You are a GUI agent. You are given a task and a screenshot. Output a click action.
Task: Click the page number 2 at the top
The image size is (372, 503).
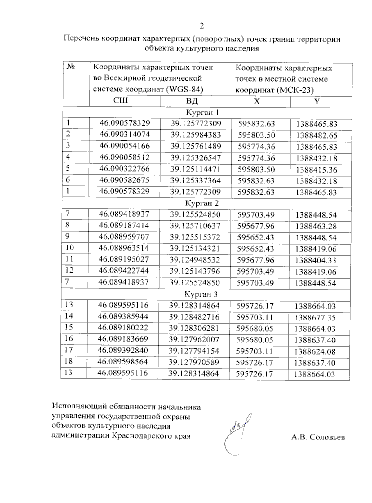(x=202, y=26)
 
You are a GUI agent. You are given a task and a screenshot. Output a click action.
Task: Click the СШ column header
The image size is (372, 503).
(x=121, y=100)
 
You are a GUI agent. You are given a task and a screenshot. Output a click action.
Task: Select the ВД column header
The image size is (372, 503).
(x=192, y=101)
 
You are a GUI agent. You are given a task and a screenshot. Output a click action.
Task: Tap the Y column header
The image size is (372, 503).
(x=317, y=102)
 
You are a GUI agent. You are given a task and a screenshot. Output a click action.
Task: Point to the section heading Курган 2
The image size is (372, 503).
(x=202, y=203)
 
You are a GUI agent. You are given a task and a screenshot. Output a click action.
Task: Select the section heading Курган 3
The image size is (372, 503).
(x=201, y=294)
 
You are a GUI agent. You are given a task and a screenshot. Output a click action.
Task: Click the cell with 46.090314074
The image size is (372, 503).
(x=125, y=135)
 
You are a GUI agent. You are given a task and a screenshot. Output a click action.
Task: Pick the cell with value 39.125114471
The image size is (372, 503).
(x=195, y=169)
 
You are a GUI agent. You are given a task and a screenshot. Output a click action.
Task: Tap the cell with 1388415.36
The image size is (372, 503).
(x=316, y=170)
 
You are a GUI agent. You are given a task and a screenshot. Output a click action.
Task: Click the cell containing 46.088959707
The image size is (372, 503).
(x=124, y=237)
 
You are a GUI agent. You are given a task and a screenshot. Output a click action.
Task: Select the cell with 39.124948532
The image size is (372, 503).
(x=195, y=260)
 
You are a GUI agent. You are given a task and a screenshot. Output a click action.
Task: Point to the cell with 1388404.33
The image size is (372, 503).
(x=316, y=260)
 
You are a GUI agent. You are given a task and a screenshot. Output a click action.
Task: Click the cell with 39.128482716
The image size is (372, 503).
(x=194, y=317)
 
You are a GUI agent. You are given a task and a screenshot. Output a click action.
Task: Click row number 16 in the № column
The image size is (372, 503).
(x=69, y=338)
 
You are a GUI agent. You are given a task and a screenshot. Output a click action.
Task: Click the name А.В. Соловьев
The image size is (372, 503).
(x=318, y=437)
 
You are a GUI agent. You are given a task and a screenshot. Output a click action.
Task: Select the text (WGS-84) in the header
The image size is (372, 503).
(x=185, y=90)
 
